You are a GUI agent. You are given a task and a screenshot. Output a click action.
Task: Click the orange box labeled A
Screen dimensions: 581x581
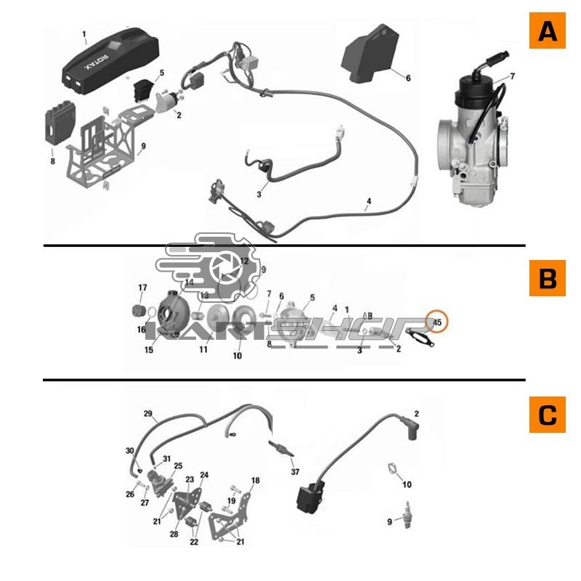point(547,31)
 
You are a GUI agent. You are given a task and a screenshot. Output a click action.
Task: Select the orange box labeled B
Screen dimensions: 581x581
point(547,278)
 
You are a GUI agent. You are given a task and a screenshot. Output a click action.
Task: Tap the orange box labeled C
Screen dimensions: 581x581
point(547,415)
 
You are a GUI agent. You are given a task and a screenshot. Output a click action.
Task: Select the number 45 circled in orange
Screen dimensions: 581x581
point(438,320)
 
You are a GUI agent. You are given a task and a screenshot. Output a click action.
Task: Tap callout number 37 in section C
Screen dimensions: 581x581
point(295,472)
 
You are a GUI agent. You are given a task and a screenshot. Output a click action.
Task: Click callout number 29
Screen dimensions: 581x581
point(148,414)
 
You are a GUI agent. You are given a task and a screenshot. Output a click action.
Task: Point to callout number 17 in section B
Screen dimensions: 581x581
point(143,288)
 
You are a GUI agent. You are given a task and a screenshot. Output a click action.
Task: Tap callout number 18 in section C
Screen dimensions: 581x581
point(255,481)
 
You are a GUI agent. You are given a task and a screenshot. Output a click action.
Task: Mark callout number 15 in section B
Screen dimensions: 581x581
point(149,350)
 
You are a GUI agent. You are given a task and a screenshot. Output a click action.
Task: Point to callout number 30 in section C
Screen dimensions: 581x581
point(130,451)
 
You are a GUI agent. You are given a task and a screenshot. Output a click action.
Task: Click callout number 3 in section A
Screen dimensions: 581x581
point(258,194)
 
